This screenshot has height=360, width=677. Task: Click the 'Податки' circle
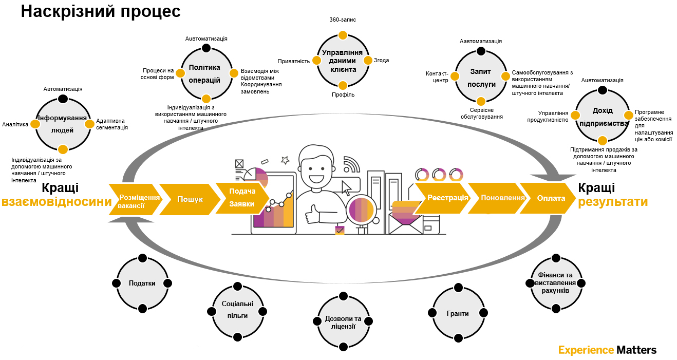[142, 283]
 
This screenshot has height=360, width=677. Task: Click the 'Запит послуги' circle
[481, 77]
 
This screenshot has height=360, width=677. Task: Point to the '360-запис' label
[343, 20]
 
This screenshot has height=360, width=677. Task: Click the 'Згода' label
[381, 60]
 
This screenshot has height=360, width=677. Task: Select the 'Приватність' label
[294, 61]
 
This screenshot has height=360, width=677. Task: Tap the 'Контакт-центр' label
[437, 77]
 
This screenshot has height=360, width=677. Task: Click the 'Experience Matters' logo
[607, 350]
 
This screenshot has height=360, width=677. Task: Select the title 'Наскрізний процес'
[101, 11]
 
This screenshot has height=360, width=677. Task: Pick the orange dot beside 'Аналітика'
[35, 124]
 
